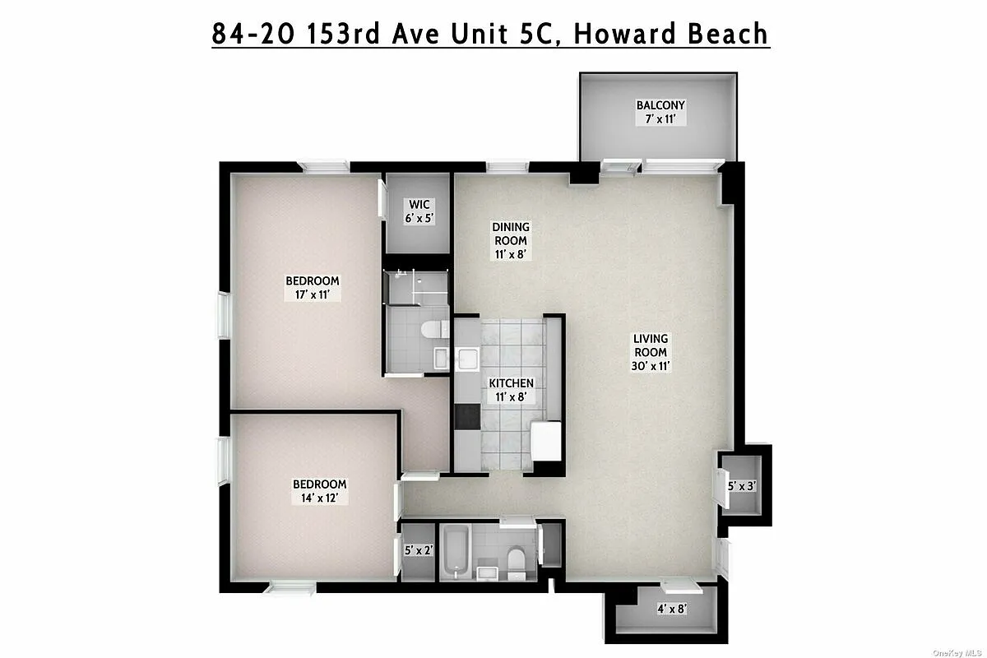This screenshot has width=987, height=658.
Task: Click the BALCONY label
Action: click(x=660, y=112)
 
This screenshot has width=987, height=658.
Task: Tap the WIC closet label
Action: click(x=418, y=211)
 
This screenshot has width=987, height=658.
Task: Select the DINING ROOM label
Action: click(x=510, y=240)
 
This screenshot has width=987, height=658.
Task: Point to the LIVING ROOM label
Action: click(x=650, y=352)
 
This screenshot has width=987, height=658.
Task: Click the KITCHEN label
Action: click(x=511, y=390)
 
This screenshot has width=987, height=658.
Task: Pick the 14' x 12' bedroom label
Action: click(x=318, y=491)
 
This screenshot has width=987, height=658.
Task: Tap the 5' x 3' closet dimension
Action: click(x=742, y=486)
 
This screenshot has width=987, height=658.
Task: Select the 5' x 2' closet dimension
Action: click(x=419, y=550)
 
